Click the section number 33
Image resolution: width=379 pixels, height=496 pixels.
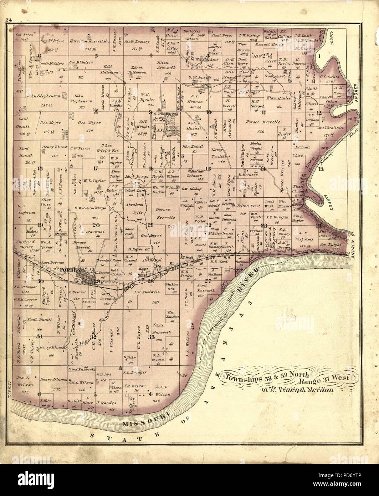152,336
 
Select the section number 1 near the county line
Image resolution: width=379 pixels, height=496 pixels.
319,56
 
